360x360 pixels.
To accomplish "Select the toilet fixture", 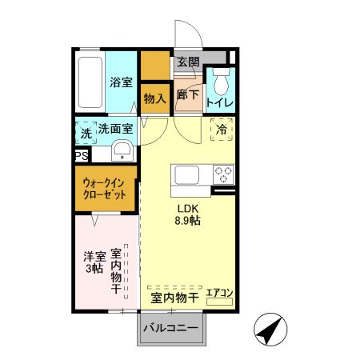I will click(x=221, y=82).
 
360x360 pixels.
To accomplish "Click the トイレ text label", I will click(x=219, y=103).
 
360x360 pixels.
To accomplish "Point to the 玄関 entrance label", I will click(x=189, y=62).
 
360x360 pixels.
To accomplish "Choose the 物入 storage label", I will click(x=155, y=98).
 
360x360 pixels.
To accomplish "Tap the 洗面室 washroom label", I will click(x=114, y=129).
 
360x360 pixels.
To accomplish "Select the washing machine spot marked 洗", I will click(x=86, y=132).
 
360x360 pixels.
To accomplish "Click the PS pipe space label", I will click(x=81, y=157).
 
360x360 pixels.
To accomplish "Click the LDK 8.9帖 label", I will click(x=189, y=216).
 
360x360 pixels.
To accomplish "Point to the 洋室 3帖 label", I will click(x=95, y=262).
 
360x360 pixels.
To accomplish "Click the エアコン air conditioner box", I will click(x=219, y=294).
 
